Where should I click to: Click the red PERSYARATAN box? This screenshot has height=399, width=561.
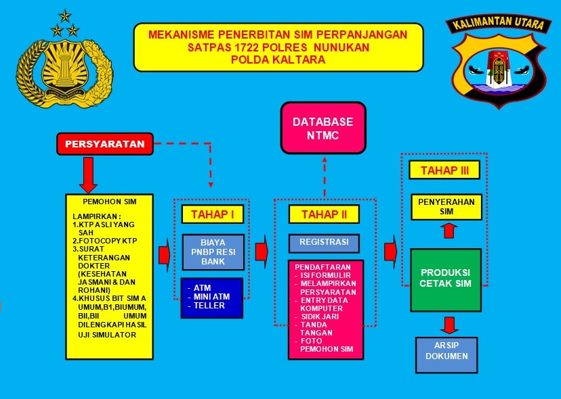(105, 144)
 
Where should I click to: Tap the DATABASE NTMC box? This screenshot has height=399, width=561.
(323, 128)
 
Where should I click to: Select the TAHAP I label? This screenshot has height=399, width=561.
(213, 214)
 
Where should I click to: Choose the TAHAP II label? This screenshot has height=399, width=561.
(324, 214)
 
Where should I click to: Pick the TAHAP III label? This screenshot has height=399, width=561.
(444, 170)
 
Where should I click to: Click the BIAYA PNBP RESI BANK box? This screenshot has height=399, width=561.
(213, 252)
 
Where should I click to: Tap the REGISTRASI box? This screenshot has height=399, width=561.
(324, 243)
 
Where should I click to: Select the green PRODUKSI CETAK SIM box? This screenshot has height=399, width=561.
(446, 280)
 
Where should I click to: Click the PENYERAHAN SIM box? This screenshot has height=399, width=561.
(446, 207)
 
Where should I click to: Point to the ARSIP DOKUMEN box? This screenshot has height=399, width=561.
(446, 355)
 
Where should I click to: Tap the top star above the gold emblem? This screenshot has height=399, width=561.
(65, 16)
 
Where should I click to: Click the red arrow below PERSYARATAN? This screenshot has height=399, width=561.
(88, 175)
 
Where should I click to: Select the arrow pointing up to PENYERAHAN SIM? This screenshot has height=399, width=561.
(449, 231)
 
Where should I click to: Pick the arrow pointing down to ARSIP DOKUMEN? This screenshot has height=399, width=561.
(449, 325)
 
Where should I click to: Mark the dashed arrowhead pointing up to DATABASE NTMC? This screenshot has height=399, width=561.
(324, 160)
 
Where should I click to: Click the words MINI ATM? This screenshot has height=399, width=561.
(212, 297)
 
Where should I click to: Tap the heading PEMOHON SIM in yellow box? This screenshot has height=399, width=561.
(110, 202)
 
